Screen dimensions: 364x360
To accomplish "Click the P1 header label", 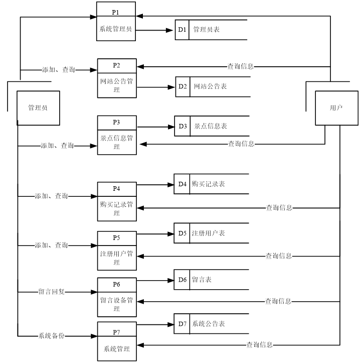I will pos(116,11).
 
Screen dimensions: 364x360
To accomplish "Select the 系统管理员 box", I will pos(116,29).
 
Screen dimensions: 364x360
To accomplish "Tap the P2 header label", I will pos(116,66).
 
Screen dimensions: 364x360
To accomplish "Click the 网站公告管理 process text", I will pos(116,85).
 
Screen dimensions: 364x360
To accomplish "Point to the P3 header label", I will pos(116,123).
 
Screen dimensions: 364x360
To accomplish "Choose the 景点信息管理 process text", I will pos(116,142).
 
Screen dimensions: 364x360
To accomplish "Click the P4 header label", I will pos(116,189).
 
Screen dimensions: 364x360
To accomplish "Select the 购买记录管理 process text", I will pos(116,208).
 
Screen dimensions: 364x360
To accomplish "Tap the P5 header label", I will pos(116,237).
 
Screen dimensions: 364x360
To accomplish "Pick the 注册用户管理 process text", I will pos(116,258).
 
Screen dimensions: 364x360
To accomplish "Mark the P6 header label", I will pos(116,284).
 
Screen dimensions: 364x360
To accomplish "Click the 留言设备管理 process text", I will pos(116,304).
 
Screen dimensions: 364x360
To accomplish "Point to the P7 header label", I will pos(116,332).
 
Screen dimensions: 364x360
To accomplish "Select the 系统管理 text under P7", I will pos(116,349).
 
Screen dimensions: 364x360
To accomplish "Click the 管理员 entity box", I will pos(38,108).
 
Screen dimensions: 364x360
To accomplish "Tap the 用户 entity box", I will pos(336,108).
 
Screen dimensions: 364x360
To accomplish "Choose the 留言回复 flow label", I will pos(52,292).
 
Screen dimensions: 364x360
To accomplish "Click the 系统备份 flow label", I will pos(52,336).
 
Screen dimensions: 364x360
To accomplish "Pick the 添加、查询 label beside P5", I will pos(52,246).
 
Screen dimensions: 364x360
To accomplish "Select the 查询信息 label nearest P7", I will pos(260,345).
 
